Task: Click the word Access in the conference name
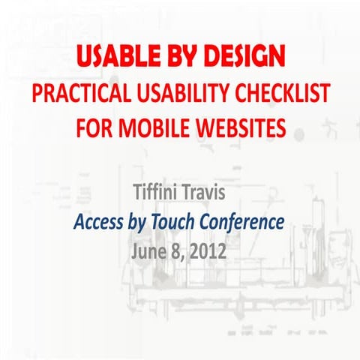coord(99,223)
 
